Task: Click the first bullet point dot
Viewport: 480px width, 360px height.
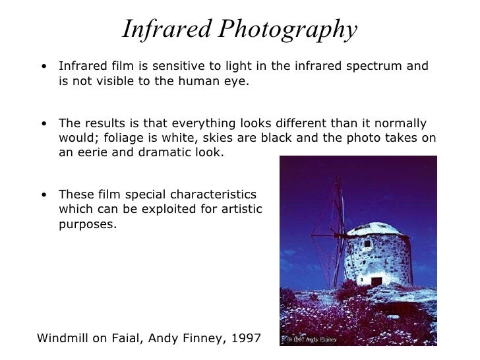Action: click(43, 67)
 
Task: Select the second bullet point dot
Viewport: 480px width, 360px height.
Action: click(43, 123)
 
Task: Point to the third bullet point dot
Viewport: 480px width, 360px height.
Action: click(43, 195)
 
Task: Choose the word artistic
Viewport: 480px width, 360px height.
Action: click(238, 209)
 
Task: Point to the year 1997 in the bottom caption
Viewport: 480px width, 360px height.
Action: click(245, 339)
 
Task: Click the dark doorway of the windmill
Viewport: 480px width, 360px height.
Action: click(376, 281)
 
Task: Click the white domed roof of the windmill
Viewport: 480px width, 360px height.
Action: click(376, 229)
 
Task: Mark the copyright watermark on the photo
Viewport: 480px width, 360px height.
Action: click(311, 340)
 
